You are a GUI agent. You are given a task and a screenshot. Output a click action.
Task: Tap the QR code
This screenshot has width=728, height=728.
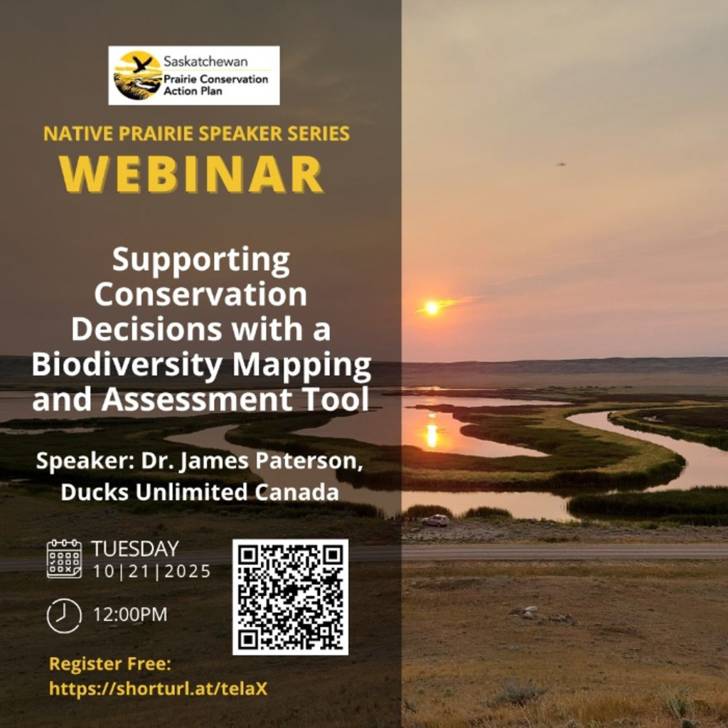[290, 597]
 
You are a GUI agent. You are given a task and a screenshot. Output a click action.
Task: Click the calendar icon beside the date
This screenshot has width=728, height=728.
[64, 559]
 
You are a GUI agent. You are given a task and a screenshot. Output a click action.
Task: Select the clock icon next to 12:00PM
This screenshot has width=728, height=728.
[64, 616]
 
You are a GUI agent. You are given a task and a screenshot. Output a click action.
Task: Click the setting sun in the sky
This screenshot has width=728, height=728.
[432, 307]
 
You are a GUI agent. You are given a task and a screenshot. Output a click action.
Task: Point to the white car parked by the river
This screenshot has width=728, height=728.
[435, 520]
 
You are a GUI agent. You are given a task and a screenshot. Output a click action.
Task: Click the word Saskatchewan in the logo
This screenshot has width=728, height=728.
[205, 61]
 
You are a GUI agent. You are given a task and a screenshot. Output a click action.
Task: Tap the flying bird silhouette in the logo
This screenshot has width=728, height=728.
[141, 63]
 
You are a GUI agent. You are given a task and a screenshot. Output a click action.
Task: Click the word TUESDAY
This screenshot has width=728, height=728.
[135, 549]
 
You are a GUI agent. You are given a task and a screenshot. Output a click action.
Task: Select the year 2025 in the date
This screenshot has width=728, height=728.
[188, 572]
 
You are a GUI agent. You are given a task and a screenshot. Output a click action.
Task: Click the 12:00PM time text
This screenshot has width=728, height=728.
[130, 615]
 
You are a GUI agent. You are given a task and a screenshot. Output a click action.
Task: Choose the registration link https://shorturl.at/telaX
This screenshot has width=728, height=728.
[159, 688]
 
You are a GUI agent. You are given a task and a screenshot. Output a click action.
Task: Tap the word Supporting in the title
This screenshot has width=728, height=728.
[201, 261]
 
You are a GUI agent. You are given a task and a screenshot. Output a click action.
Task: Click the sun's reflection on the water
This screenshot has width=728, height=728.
[432, 434]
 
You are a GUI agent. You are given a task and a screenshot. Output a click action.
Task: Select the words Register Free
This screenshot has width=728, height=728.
[110, 664]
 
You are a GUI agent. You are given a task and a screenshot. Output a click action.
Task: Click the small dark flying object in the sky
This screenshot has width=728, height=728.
[562, 164]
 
